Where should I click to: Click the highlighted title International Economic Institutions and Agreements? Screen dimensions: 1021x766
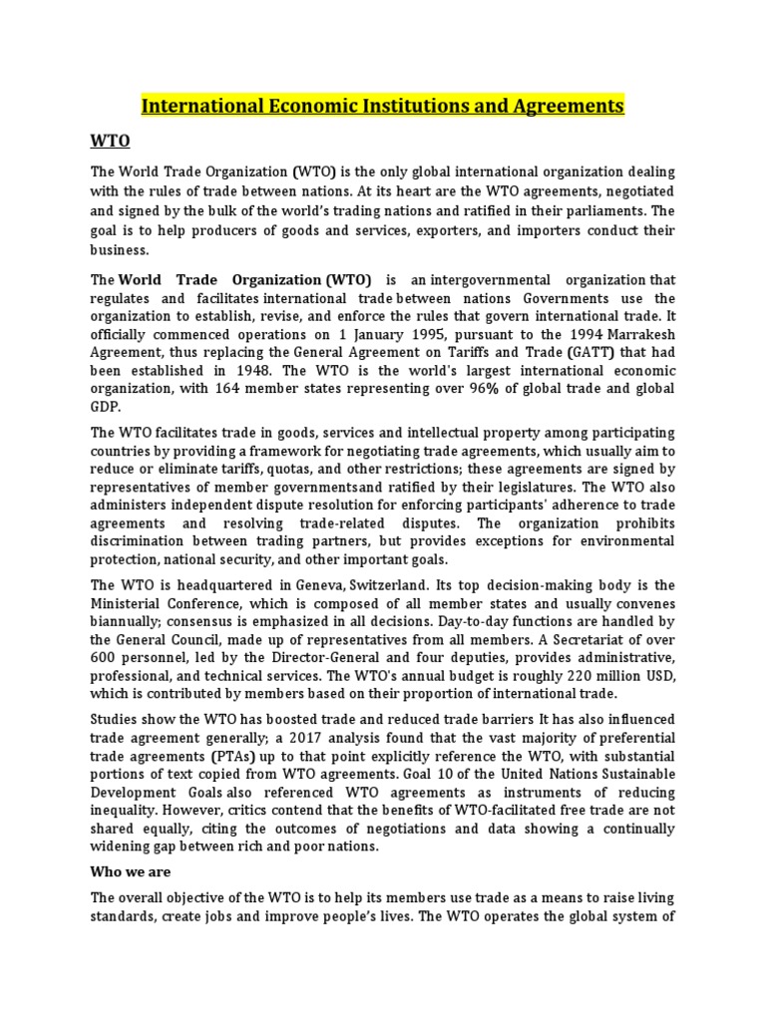[x=383, y=105]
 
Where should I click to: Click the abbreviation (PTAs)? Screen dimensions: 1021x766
[x=236, y=756]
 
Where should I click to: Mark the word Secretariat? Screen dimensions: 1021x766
[x=619, y=639]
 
